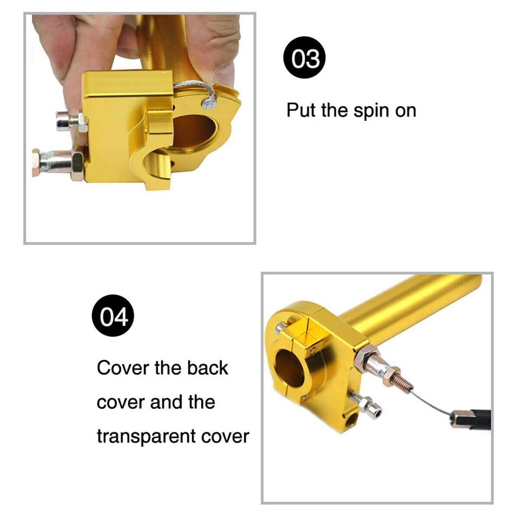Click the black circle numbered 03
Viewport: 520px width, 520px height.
point(304,58)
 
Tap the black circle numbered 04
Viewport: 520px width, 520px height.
point(113,315)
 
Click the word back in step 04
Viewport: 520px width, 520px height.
point(208,367)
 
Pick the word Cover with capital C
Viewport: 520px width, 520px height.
point(123,367)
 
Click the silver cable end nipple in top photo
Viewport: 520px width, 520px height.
point(209,104)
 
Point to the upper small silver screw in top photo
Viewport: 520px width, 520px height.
point(71,122)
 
